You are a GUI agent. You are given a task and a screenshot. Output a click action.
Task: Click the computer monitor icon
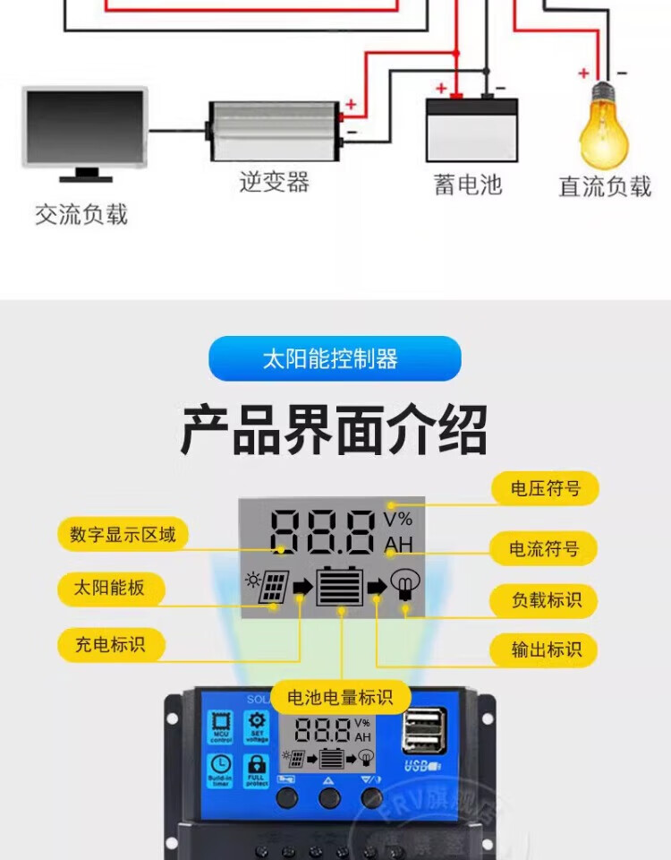(84, 130)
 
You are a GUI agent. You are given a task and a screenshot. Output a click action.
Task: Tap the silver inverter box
(274, 131)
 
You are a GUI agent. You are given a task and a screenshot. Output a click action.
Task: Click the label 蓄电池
(468, 185)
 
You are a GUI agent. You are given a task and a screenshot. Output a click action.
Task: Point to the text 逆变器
(274, 182)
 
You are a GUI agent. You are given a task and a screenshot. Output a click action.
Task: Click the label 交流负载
(81, 214)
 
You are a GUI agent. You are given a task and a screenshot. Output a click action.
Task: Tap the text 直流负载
(605, 186)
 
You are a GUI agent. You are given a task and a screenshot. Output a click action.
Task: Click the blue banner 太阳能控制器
(335, 359)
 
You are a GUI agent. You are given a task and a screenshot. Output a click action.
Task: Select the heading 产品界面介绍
(335, 431)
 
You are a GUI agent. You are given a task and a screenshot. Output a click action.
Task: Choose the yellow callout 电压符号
(545, 489)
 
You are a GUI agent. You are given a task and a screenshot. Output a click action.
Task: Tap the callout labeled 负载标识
(546, 600)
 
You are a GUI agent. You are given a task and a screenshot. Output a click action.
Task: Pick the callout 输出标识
(546, 649)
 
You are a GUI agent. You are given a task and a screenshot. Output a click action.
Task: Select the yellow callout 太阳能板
(108, 589)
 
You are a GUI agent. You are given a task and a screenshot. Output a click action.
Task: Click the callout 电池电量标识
(340, 698)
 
